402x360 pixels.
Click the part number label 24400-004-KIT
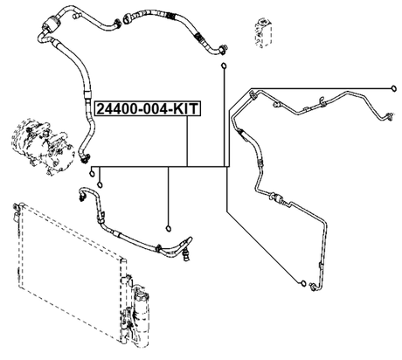[147, 110]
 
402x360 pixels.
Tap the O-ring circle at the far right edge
[393, 87]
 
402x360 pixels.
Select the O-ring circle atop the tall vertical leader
[225, 66]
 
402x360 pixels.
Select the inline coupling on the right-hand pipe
[278, 201]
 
